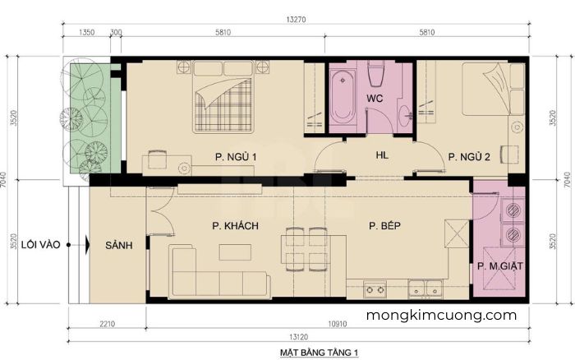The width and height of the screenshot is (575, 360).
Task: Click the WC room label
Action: [x=375, y=99]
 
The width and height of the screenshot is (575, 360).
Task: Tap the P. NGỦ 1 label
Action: [x=236, y=157]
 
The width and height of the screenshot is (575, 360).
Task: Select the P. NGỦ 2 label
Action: [x=469, y=157]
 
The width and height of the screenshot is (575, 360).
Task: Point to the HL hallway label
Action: [x=382, y=155]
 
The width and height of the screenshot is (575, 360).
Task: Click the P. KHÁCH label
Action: [x=235, y=226]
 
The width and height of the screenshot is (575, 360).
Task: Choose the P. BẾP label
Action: [x=384, y=225]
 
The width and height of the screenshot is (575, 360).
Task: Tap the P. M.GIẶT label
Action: [x=499, y=266]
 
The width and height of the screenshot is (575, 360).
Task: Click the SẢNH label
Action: [x=119, y=245]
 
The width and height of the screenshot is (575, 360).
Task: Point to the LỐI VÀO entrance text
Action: [x=41, y=244]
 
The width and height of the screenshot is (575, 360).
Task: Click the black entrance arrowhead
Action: [x=88, y=245]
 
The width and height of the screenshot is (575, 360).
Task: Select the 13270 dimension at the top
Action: [x=296, y=20]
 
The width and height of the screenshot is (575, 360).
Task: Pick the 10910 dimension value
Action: [x=338, y=324]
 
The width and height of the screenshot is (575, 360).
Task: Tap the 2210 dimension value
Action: [x=107, y=324]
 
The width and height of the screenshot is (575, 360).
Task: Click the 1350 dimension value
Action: [x=86, y=32]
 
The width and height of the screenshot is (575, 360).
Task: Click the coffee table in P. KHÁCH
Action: [x=235, y=252]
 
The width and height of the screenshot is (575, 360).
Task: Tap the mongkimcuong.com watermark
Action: [x=442, y=316]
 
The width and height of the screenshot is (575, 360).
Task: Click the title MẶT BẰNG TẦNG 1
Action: [x=319, y=353]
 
